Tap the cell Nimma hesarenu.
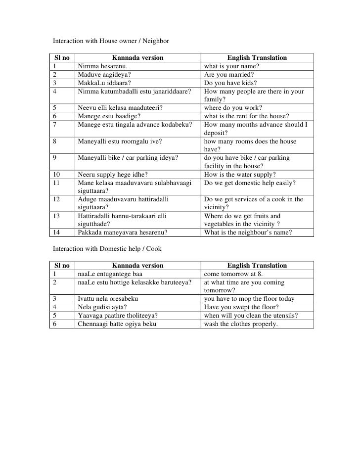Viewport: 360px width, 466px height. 103,66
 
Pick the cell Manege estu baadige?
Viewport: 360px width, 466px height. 106,117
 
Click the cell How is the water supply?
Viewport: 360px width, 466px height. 240,174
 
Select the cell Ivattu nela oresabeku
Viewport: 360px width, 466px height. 108,299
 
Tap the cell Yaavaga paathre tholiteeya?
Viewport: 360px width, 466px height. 118,316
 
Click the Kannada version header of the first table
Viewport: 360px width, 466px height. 137,58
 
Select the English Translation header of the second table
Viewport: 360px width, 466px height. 257,266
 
